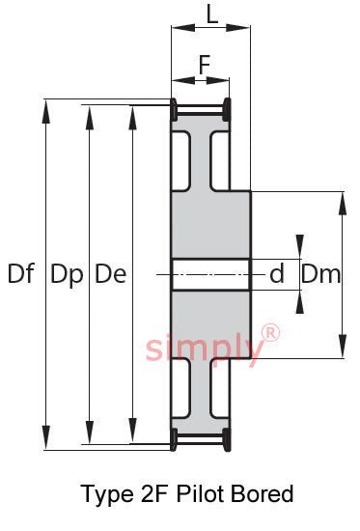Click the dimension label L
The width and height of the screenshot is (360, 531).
click(x=212, y=14)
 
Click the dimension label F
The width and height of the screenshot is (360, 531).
click(x=205, y=65)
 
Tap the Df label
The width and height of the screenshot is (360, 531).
click(x=21, y=273)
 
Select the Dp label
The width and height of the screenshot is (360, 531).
click(x=67, y=275)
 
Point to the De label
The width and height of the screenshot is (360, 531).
click(x=110, y=273)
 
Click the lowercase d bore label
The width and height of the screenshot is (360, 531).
click(x=277, y=273)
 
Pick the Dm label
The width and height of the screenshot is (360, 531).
click(x=321, y=273)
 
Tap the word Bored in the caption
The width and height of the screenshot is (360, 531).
click(x=263, y=493)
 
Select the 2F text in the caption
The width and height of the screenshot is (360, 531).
click(x=154, y=493)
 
